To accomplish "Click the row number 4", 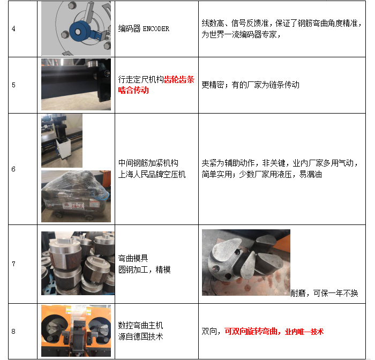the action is click(x=13, y=29).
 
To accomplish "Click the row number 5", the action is click(x=13, y=85).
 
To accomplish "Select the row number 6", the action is click(x=13, y=169).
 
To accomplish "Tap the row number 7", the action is click(x=13, y=264).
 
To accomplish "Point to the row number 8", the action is click(x=13, y=331).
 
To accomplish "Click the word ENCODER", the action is click(x=156, y=29).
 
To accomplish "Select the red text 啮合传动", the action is click(x=133, y=91).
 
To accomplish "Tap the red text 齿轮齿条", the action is click(x=179, y=79).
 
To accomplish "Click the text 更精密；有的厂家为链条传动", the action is click(x=251, y=85).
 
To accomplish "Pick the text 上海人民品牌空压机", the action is click(x=152, y=175).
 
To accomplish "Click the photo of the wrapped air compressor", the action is click(x=76, y=196).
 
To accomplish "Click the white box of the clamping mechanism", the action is click(x=64, y=148).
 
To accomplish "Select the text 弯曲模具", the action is click(x=133, y=258).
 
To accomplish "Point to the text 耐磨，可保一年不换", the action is click(x=324, y=293).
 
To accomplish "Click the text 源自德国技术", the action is click(x=140, y=337).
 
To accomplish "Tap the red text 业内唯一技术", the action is click(x=304, y=332).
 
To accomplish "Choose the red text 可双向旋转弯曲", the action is click(x=251, y=332).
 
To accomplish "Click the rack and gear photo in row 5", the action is click(x=76, y=84).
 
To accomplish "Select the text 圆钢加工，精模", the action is click(x=145, y=270).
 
